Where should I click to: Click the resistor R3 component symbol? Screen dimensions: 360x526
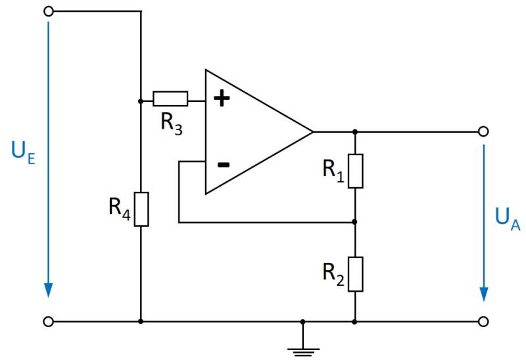point(170,100)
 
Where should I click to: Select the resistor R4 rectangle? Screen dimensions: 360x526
point(141,209)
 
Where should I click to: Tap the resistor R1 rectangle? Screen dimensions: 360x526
point(355,171)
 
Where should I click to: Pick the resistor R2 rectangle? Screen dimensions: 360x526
point(355,274)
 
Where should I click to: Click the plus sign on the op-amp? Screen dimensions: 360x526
point(222,99)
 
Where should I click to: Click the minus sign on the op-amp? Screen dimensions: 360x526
point(223,164)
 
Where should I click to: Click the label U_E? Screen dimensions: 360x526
point(21,150)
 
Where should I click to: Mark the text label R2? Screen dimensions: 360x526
point(333,274)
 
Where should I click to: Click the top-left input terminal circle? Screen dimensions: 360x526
point(47,11)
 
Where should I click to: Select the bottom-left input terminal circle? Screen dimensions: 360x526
point(47,322)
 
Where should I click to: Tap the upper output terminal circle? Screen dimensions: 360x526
point(484,131)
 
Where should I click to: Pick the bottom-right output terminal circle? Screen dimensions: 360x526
point(484,322)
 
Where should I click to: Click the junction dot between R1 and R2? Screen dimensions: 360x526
point(355,222)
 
